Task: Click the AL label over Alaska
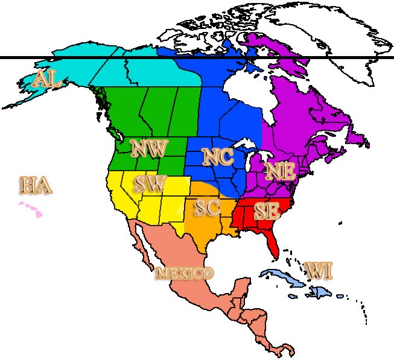click(x=46, y=79)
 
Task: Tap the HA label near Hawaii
click(x=35, y=185)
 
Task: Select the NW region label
click(x=148, y=148)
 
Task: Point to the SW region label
click(x=148, y=185)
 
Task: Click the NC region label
click(x=218, y=157)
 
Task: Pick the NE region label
click(x=280, y=171)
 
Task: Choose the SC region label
click(x=207, y=208)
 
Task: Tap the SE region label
click(x=266, y=210)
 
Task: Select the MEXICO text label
click(x=185, y=273)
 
